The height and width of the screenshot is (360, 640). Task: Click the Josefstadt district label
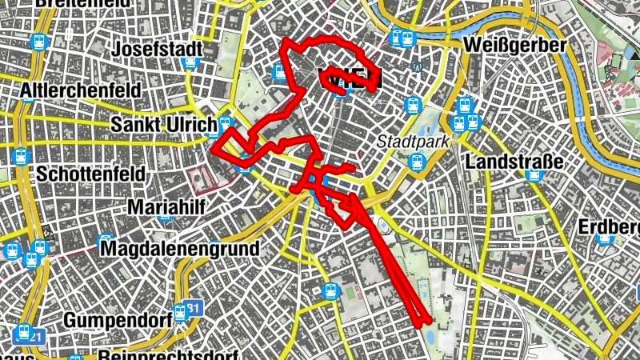[x=156, y=50]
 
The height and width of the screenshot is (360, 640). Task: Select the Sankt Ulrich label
[x=163, y=126]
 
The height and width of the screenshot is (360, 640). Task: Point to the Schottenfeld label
[x=89, y=173]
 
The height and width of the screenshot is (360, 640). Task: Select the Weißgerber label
[x=514, y=45]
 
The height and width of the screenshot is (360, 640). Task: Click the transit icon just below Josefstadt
[x=190, y=62]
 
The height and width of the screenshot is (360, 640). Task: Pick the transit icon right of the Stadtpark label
[x=417, y=162]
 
